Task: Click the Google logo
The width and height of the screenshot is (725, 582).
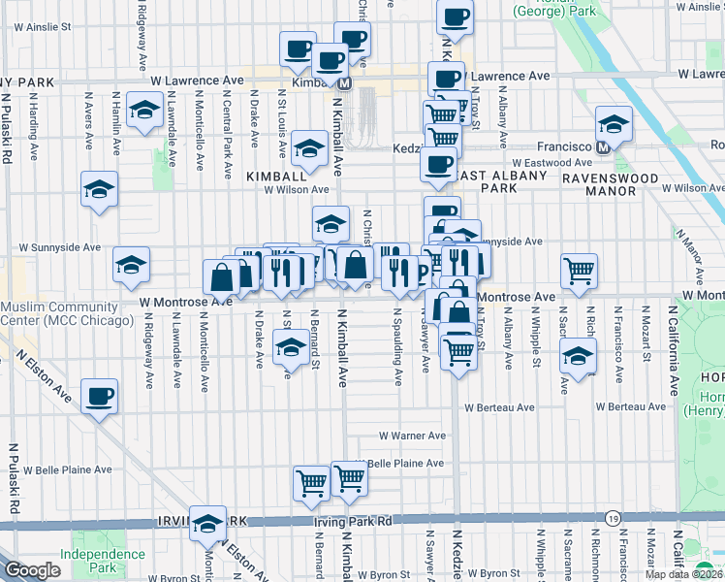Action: point(32,570)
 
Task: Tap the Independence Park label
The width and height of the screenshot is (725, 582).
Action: point(102,561)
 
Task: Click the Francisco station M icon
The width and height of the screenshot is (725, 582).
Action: point(603,146)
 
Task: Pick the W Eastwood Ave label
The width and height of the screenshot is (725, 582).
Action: point(552,163)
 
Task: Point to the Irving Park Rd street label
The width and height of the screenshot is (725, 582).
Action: point(352,522)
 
